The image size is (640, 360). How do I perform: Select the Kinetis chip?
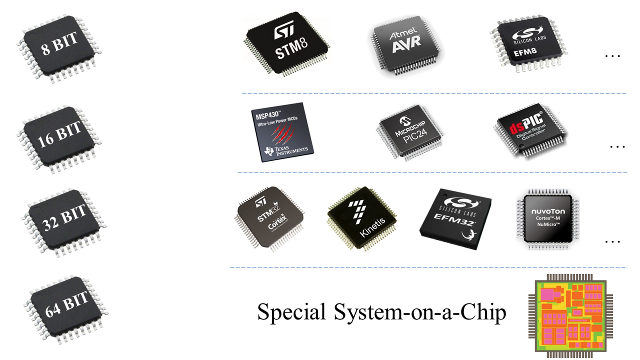click(364, 219)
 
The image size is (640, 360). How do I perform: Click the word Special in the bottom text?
click(289, 312)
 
